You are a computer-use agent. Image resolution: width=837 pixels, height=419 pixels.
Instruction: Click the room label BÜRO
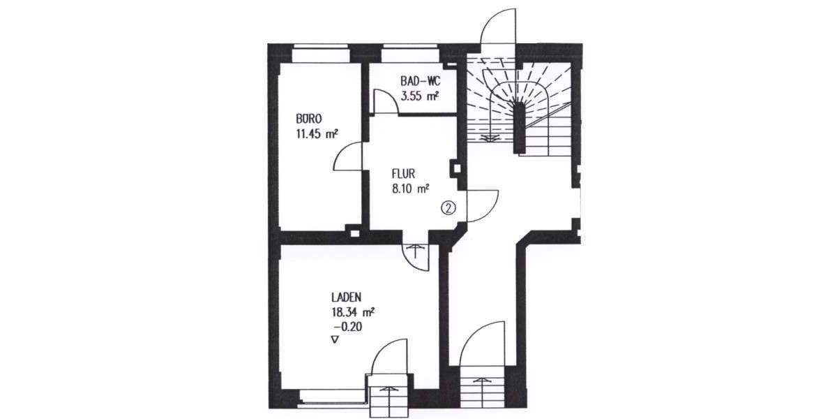(x=309, y=119)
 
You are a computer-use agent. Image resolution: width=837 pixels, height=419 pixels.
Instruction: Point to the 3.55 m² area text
(x=419, y=96)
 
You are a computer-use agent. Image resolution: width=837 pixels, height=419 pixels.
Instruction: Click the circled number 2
(x=448, y=207)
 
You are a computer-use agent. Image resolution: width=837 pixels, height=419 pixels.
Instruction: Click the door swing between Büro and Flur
(x=349, y=156)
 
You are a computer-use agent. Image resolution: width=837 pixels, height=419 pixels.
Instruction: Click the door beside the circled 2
(x=481, y=205)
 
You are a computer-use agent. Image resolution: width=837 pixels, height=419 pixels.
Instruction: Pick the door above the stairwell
(x=499, y=27)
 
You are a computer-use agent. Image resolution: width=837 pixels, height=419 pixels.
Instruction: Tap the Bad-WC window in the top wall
(x=409, y=53)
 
